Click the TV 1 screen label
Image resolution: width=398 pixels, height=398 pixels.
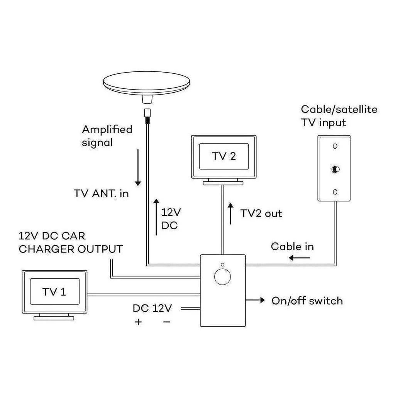pos(54,292)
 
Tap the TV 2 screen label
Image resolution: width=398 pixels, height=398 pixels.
pos(224,156)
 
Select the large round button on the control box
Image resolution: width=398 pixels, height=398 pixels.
pos(222,277)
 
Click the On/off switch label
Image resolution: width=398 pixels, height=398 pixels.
pos(307,301)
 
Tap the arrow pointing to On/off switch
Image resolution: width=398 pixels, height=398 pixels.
pos(255,300)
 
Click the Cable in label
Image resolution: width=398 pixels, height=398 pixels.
pos(292,246)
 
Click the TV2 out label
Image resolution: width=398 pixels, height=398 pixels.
pos(261,213)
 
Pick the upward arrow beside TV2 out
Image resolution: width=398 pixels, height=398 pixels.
pos(231,214)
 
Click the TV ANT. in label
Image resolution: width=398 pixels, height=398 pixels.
pos(101,193)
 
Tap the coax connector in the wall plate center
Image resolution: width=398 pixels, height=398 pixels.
pos(335,169)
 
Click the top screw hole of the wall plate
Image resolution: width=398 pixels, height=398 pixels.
pos(335,146)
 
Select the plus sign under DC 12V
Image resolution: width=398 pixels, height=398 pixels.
pos(139,322)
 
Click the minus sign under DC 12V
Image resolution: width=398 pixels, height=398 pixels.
pos(167,322)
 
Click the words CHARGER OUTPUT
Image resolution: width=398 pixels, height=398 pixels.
pos(71,249)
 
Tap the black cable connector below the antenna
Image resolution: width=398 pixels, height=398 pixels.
pos(147,115)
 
